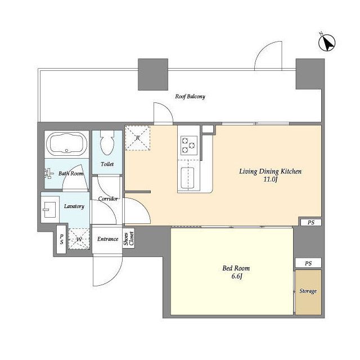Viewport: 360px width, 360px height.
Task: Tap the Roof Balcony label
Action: (190, 96)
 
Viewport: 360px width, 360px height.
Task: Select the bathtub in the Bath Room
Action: (66, 144)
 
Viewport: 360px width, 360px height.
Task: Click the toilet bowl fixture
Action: (107, 142)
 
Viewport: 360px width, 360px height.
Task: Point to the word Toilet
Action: (107, 164)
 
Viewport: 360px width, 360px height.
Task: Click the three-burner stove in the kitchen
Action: (189, 146)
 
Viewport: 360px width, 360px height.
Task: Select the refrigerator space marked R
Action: (137, 138)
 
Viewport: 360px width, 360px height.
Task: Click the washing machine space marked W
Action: (79, 239)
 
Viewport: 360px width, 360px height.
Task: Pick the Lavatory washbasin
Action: (49, 209)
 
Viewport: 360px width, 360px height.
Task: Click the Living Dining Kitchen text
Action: (271, 171)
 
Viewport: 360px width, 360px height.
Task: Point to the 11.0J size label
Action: (271, 179)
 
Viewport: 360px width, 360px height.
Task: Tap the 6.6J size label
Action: (237, 276)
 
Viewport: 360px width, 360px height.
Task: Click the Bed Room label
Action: (236, 268)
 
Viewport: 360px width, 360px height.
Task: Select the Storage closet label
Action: (308, 291)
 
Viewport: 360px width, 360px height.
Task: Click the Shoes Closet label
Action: (129, 238)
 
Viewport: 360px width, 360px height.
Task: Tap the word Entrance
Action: (107, 239)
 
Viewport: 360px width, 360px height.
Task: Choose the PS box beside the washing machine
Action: (61, 239)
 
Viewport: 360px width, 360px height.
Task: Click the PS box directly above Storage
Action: (308, 263)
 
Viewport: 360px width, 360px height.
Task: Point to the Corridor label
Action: (108, 199)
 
